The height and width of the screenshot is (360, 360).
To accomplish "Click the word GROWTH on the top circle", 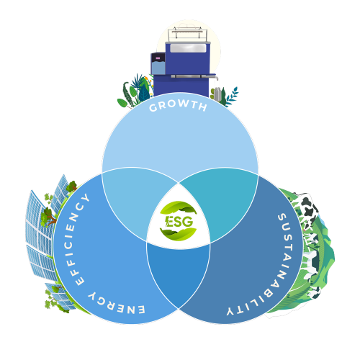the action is (178, 106).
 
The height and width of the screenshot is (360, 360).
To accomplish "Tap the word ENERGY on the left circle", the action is (116, 304).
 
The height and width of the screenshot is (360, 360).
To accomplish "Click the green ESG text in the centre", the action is (179, 221).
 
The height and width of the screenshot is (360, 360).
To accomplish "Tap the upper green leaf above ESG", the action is (179, 207).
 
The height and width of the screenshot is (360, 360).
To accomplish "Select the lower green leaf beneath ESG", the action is (179, 235).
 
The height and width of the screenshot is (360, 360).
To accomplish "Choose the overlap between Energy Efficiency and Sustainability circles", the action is (179, 271).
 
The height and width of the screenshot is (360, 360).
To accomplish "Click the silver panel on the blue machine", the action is (188, 48).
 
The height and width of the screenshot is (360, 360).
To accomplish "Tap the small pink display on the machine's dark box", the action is (158, 58).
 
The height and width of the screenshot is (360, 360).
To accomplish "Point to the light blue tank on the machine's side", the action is (158, 68).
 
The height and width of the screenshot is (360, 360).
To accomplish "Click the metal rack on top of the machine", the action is (187, 34).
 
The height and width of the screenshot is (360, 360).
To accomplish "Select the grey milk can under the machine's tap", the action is (217, 94).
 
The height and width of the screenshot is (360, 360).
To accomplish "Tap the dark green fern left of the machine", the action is (127, 94).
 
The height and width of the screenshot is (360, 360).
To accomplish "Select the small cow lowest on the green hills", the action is (315, 293).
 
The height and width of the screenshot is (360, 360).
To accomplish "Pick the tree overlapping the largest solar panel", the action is (48, 217).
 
